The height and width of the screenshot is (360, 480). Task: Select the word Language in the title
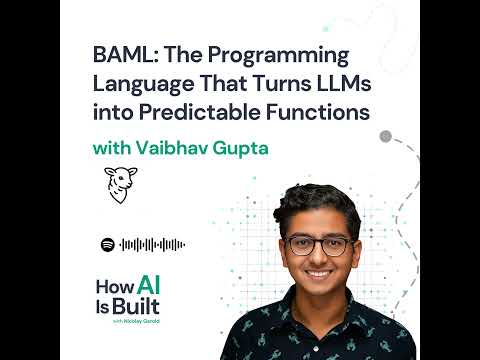(x=143, y=85)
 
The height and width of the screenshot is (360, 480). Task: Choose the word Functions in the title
(x=318, y=112)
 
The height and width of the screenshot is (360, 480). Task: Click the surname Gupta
(x=241, y=149)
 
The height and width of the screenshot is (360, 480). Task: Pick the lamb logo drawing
(x=120, y=185)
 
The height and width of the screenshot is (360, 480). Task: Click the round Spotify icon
(x=108, y=245)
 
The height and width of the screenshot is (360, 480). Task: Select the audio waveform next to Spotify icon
(x=152, y=245)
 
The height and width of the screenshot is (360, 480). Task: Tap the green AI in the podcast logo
(x=149, y=285)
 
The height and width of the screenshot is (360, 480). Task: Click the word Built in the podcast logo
(x=136, y=306)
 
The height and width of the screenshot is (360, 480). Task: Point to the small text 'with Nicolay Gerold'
(x=136, y=321)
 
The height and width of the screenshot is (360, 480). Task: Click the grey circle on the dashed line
(x=385, y=136)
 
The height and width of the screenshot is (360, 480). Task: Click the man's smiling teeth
(x=318, y=274)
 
